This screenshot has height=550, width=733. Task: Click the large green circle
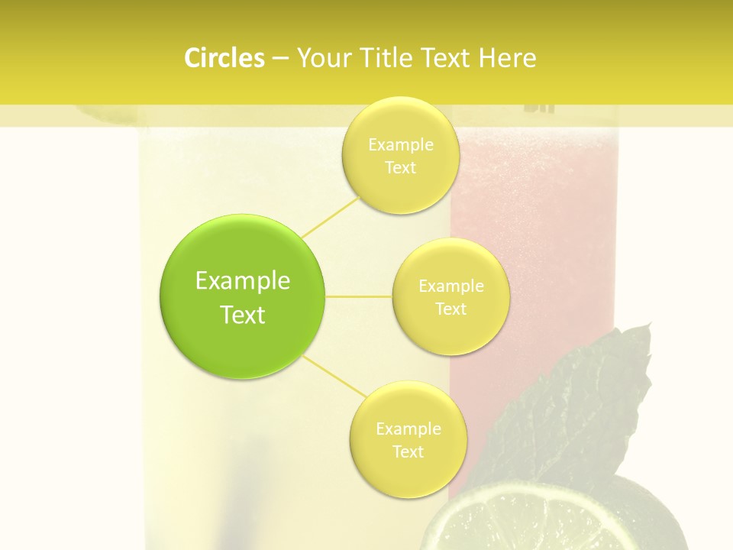pos(243,296)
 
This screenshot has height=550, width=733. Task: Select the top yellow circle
pos(400,155)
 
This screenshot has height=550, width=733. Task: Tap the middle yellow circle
pos(450,297)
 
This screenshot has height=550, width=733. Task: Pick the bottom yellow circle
pos(408,440)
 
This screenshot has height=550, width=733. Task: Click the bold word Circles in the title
pos(224,58)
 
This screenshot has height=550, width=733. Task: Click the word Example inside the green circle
pos(243,281)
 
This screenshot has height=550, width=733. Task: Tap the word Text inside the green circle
pos(243,315)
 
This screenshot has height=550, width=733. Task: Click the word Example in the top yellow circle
pos(400,145)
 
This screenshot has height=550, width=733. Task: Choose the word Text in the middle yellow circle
pos(450,309)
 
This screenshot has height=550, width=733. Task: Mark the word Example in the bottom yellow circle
pos(408,429)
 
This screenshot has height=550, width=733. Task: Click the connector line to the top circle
pos(330,216)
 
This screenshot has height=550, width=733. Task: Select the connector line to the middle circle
pos(359,296)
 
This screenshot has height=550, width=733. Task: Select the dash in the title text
pos(280,59)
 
